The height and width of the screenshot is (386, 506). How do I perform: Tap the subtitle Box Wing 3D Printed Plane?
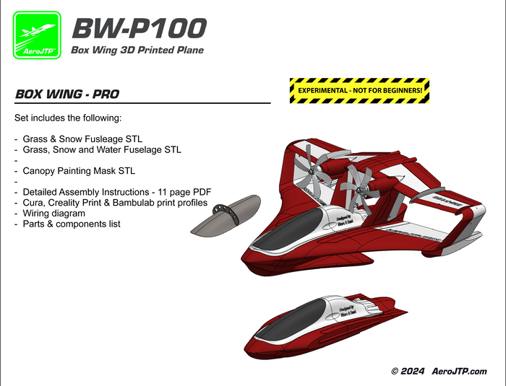(137, 51)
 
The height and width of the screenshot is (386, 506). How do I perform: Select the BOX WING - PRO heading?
(67, 95)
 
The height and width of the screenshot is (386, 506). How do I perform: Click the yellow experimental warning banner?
(359, 90)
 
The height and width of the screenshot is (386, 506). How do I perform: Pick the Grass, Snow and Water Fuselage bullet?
(101, 149)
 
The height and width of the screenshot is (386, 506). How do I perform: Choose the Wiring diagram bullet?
(53, 214)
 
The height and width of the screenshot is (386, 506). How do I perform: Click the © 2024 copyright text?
(406, 371)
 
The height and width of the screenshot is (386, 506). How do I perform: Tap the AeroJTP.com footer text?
(459, 371)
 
